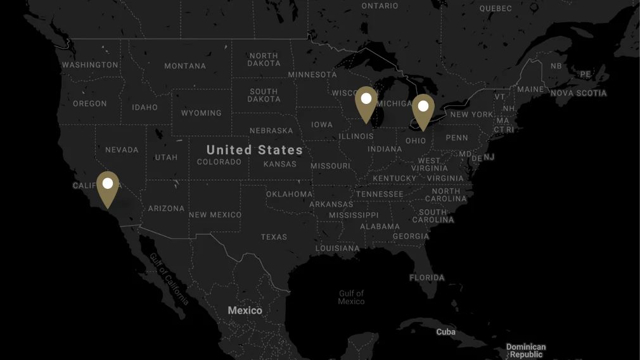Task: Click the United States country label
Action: [254, 150]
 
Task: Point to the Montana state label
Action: [185, 66]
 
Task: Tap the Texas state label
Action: [274, 237]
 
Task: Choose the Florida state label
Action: [426, 278]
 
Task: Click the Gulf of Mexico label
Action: [351, 297]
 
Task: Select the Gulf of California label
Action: [169, 280]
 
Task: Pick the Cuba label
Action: [445, 332]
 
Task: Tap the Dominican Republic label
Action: [526, 350]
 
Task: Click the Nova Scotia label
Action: [579, 93]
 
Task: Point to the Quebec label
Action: [496, 8]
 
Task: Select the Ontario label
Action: [380, 6]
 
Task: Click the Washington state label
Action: [90, 65]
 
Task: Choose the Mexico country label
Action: [245, 311]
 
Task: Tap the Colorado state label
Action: [219, 162]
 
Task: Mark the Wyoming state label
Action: [201, 113]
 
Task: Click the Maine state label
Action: [530, 89]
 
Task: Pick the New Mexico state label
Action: [215, 215]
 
